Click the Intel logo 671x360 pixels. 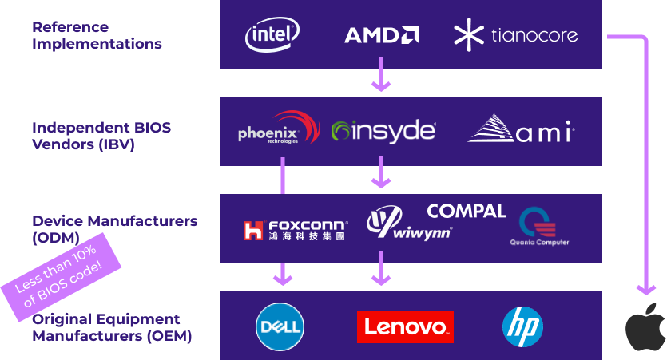click(272, 35)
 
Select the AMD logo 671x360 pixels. click(382, 35)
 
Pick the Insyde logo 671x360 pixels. click(383, 131)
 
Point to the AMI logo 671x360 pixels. click(521, 130)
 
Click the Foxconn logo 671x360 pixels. click(295, 230)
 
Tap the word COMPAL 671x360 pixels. click(466, 211)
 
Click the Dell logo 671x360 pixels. click(280, 326)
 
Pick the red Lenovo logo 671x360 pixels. click(405, 326)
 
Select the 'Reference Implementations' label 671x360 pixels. click(96, 35)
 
